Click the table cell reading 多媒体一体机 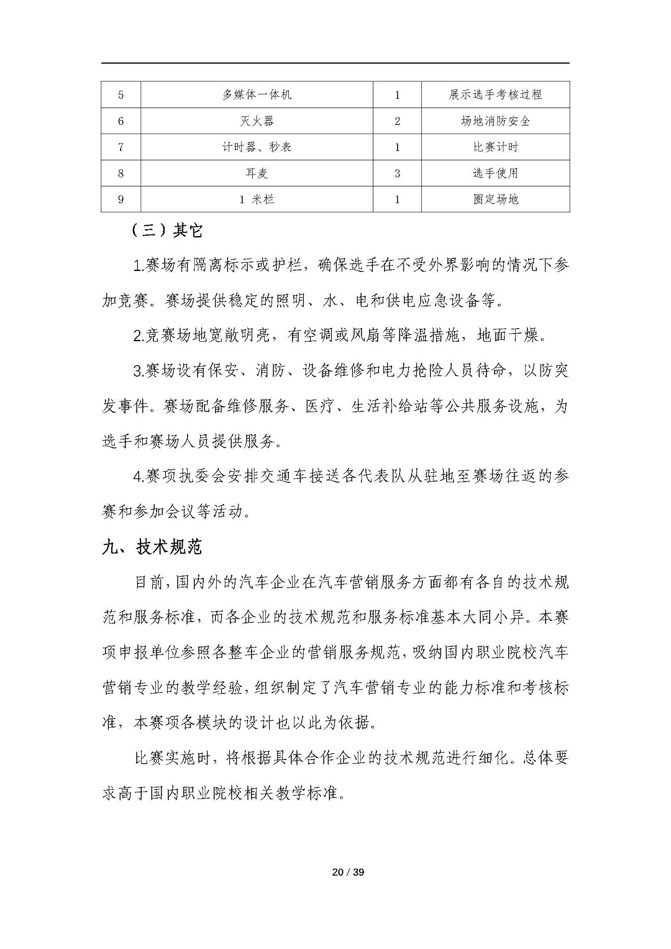pyautogui.click(x=257, y=94)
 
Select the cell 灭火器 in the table pyautogui.click(x=257, y=121)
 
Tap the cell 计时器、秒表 pyautogui.click(x=257, y=147)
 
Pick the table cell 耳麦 pyautogui.click(x=257, y=173)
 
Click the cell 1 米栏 pyautogui.click(x=257, y=199)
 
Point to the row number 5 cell pyautogui.click(x=121, y=94)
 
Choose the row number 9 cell pyautogui.click(x=121, y=199)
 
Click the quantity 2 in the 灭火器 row pyautogui.click(x=398, y=121)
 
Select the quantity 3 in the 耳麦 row pyautogui.click(x=398, y=173)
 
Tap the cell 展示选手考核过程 pyautogui.click(x=495, y=94)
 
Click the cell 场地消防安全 pyautogui.click(x=495, y=121)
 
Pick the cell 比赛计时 pyautogui.click(x=495, y=147)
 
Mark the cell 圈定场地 pyautogui.click(x=495, y=199)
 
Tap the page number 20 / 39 pyautogui.click(x=348, y=872)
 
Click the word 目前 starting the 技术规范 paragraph pyautogui.click(x=149, y=582)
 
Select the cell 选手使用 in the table pyautogui.click(x=495, y=173)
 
